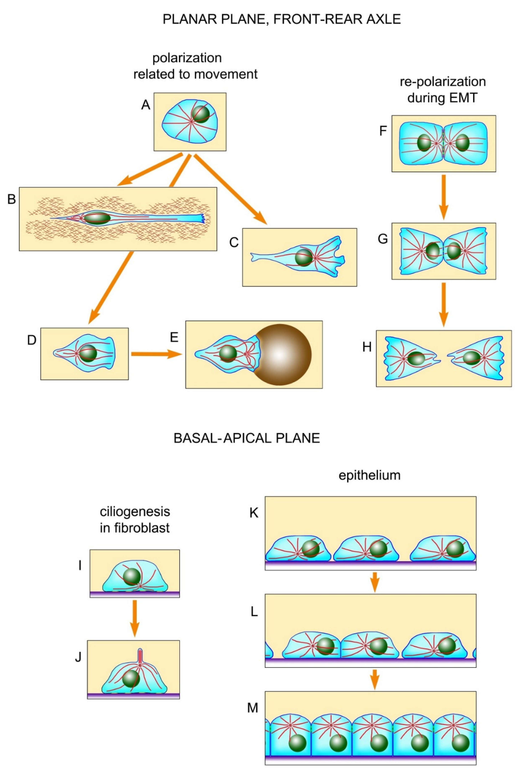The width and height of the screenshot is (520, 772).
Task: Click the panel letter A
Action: point(146,105)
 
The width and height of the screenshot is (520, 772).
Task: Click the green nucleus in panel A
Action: point(201,114)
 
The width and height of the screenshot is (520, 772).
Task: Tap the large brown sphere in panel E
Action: point(280,355)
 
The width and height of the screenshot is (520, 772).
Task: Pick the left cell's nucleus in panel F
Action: point(424,143)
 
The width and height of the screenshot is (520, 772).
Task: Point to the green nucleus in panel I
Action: point(132,576)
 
